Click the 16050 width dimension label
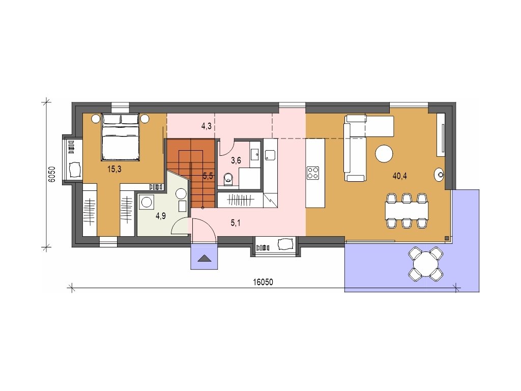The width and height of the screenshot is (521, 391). (263, 282)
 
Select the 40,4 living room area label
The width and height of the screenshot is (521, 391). (400, 176)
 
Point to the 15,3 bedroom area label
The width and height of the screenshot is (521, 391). (114, 169)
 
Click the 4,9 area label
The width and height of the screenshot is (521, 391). (160, 216)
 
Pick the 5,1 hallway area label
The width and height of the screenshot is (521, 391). (236, 223)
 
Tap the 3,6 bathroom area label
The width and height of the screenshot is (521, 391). (236, 161)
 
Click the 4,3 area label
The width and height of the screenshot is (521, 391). (207, 126)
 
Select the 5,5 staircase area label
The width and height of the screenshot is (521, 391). (208, 176)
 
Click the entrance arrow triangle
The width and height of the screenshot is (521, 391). (204, 259)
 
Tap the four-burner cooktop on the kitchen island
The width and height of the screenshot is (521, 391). (313, 173)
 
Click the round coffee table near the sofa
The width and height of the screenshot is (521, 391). (384, 154)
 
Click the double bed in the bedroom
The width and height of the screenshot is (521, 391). (120, 137)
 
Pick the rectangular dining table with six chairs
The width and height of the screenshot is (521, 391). (407, 210)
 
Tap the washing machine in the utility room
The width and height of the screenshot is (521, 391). (146, 202)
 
